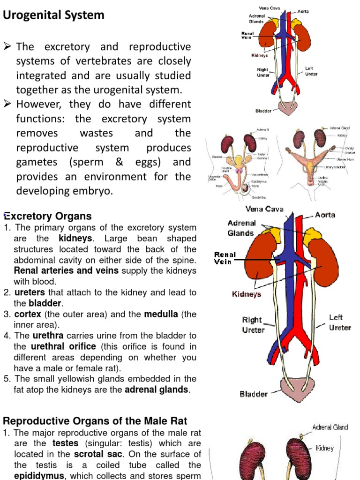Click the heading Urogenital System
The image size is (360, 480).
coord(54,15)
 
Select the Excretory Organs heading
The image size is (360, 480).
coord(47,217)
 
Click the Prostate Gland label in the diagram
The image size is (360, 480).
coord(227,170)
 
